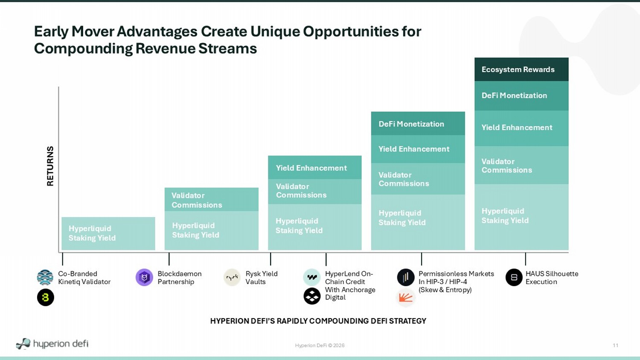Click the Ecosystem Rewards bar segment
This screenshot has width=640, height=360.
(521, 70)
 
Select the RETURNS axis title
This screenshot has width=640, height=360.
(50, 166)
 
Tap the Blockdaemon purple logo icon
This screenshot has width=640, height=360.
(144, 277)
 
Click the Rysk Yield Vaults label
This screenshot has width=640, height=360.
(262, 278)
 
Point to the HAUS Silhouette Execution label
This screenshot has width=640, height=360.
(552, 278)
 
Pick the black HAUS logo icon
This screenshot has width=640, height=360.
(514, 277)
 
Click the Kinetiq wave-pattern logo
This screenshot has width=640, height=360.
(45, 277)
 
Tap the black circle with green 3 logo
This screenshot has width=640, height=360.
(45, 297)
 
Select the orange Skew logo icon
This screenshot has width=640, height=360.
(405, 298)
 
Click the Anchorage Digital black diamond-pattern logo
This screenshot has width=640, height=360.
(312, 296)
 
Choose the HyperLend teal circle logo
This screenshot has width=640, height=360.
(312, 277)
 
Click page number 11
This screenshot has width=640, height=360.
(615, 345)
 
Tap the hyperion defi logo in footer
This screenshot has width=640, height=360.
(52, 343)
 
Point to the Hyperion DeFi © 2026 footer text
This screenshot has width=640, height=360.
(320, 345)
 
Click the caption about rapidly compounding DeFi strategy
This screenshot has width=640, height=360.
(318, 321)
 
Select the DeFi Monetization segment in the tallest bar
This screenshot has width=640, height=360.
(521, 96)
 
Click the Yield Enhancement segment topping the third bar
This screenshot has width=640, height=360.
(314, 168)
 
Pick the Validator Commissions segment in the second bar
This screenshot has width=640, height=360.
(212, 200)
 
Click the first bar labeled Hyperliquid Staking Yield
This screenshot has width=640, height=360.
(108, 233)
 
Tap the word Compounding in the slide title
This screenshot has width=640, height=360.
(83, 49)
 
